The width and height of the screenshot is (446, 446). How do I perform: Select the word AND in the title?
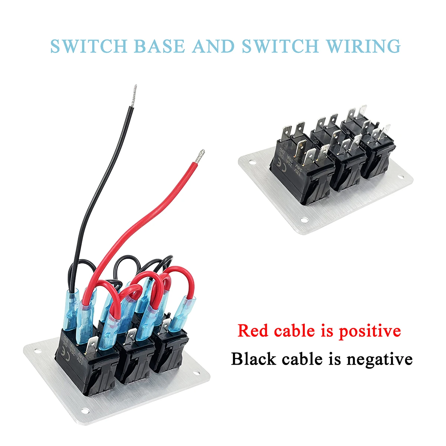tap(213, 46)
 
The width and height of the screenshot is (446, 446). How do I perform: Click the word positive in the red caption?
tap(370, 330)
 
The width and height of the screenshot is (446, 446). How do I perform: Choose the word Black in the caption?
tap(254, 359)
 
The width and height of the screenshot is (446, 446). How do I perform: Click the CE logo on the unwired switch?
tap(278, 163)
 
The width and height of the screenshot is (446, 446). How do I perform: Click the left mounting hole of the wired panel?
tap(37, 350)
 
